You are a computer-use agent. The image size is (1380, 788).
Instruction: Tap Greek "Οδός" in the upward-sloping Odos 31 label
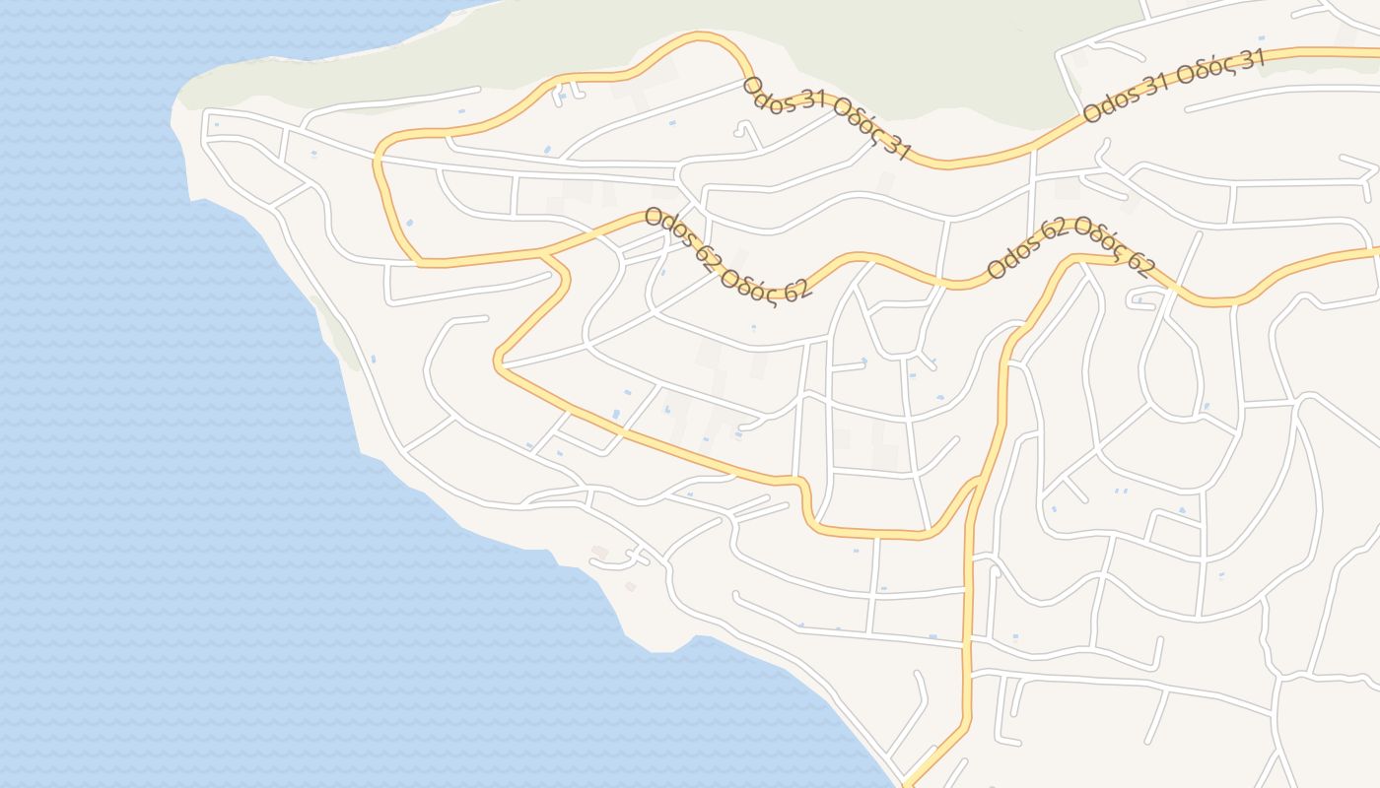1220,68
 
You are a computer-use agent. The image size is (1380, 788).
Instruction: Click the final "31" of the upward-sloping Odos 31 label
1248,59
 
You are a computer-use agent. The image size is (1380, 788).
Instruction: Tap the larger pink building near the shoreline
599,553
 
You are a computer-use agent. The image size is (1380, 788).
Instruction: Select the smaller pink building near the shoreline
630,587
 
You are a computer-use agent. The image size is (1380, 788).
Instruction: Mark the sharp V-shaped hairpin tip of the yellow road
499,363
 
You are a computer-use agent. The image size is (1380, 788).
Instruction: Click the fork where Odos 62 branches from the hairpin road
541,254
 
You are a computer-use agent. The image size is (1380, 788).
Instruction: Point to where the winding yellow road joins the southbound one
976,483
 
